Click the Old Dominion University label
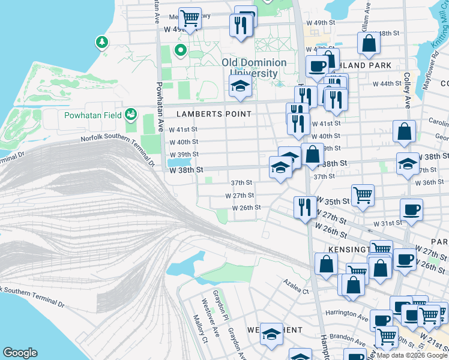(x=250, y=68)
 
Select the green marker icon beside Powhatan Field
(x=130, y=114)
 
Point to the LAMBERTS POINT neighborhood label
(x=205, y=114)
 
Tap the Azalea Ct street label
(x=297, y=292)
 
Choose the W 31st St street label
(x=387, y=223)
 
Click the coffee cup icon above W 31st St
(x=411, y=210)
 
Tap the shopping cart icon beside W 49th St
(x=190, y=17)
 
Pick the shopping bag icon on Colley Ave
(x=405, y=131)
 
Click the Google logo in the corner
(x=20, y=353)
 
